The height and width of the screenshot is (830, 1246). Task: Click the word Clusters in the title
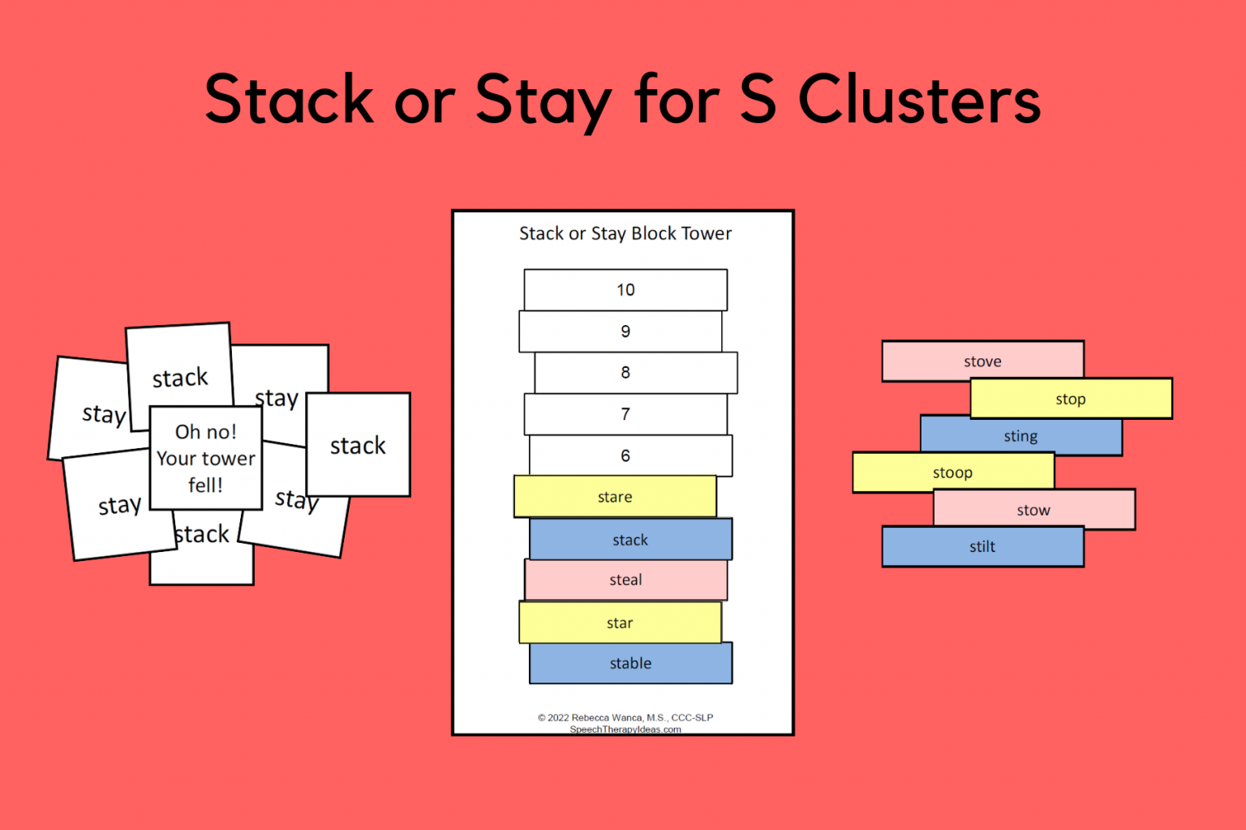(919, 99)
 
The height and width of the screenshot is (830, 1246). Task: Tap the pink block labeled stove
(982, 361)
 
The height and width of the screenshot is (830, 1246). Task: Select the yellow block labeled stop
(1071, 399)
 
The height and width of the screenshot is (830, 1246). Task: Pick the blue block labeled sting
(1020, 436)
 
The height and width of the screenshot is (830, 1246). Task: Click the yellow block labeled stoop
(952, 473)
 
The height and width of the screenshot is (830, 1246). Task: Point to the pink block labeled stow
(1033, 510)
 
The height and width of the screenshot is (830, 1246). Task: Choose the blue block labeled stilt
(982, 546)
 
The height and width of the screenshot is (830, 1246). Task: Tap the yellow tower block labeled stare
(615, 497)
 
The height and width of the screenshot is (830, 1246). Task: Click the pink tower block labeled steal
(625, 580)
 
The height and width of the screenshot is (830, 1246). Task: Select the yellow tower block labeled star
(620, 622)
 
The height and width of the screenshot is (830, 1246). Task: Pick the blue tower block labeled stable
(630, 663)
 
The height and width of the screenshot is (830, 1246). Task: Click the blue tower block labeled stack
(630, 540)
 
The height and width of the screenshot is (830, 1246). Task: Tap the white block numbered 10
(625, 289)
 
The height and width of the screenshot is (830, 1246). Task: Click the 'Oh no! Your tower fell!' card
(206, 458)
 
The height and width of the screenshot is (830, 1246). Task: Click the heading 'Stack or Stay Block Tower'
(625, 233)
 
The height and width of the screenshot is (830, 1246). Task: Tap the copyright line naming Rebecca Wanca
(625, 717)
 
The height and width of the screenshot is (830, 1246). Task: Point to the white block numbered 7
(625, 414)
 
